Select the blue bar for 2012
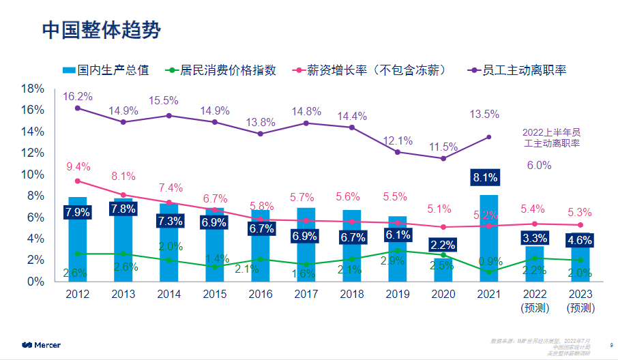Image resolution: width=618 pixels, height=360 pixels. click(x=78, y=239)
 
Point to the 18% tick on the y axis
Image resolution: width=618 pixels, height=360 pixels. click(x=33, y=89)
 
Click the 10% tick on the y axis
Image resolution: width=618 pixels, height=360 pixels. click(x=33, y=175)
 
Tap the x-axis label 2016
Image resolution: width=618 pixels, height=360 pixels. click(x=261, y=294)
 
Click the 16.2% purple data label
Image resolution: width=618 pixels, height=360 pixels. click(x=78, y=96)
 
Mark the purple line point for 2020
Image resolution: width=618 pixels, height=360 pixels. click(x=443, y=158)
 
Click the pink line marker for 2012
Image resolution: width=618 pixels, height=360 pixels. click(x=78, y=181)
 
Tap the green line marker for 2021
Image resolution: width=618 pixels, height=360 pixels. click(x=489, y=271)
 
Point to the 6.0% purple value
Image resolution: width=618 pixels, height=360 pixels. click(x=539, y=165)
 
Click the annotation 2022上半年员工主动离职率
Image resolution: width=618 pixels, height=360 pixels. click(x=551, y=138)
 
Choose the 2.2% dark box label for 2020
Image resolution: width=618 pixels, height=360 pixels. click(x=443, y=245)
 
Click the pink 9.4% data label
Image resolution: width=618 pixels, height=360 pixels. click(x=78, y=166)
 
